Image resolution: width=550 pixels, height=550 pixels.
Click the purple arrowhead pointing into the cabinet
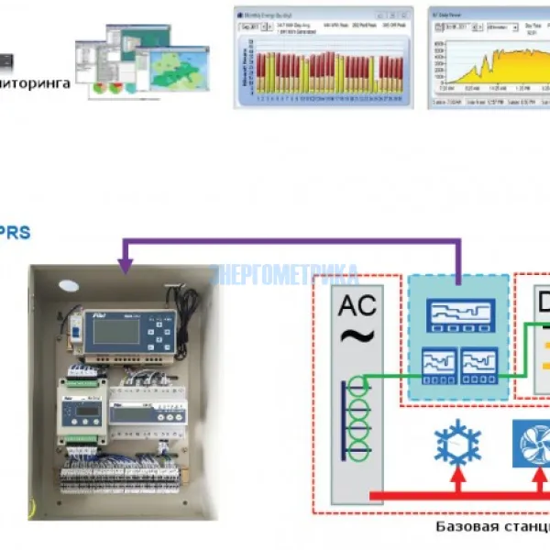(125, 266)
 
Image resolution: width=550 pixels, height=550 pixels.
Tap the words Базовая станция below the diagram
(488, 529)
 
